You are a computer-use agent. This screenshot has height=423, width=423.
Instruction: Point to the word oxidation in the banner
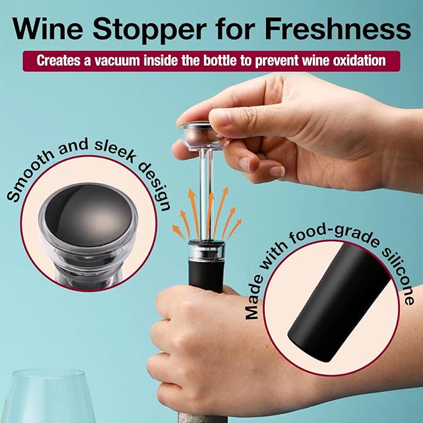point(355,61)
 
